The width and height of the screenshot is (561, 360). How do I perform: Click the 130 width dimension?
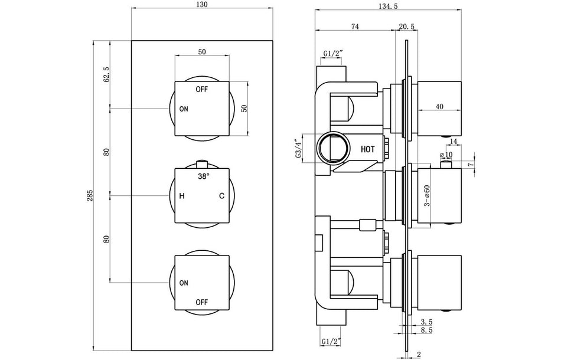pos(202,5)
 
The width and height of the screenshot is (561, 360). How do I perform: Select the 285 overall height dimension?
pos(90,195)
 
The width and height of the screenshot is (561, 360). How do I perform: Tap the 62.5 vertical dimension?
pos(107,75)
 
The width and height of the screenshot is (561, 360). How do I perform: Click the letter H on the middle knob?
pos(182,196)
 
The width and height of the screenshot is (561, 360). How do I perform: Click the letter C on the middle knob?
pos(221,196)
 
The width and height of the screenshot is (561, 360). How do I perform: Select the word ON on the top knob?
pos(184,109)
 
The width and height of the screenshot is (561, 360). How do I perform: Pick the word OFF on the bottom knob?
pos(202,302)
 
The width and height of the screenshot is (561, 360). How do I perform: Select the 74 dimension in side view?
pos(355,26)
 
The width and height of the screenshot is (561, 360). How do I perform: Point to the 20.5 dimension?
pos(406,26)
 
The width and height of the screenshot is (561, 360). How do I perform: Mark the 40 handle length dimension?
pos(439,106)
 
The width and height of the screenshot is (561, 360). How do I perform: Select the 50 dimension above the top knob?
pos(202,52)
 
